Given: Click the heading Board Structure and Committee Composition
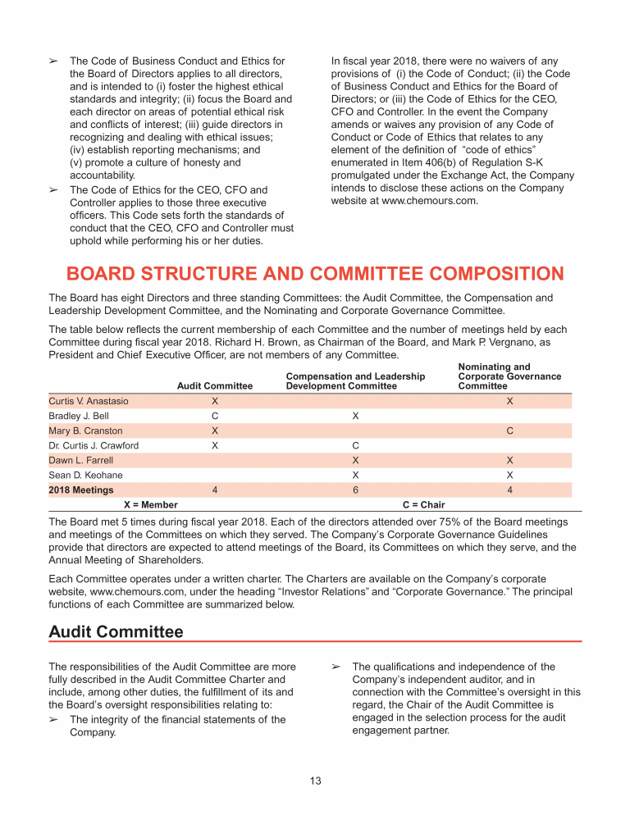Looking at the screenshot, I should point(315,274).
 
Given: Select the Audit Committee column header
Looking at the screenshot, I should point(215,385).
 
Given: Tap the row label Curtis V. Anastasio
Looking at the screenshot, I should point(89,401).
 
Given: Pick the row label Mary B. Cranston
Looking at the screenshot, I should point(86,430).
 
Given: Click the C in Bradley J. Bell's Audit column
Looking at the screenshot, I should point(215,416).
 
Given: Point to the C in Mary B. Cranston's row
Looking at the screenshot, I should point(510,430).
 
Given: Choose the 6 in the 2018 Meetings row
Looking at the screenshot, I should point(355,490).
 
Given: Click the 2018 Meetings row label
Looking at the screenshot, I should point(81,490).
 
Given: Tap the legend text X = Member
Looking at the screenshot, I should point(150,504).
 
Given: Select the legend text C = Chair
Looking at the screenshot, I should point(424,504).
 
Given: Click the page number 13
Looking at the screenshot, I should point(315,780).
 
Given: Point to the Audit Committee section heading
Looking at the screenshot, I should point(116,631).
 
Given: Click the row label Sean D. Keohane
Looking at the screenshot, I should point(86,475).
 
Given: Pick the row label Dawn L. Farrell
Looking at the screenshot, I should point(81,460).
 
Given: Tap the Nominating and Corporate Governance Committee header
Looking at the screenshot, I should point(509,376).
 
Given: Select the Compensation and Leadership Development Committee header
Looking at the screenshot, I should point(355,380).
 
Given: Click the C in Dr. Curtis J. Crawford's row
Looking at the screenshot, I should point(355,445).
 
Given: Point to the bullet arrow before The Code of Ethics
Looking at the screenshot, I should point(53,190).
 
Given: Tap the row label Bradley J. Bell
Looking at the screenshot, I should point(79,416).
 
